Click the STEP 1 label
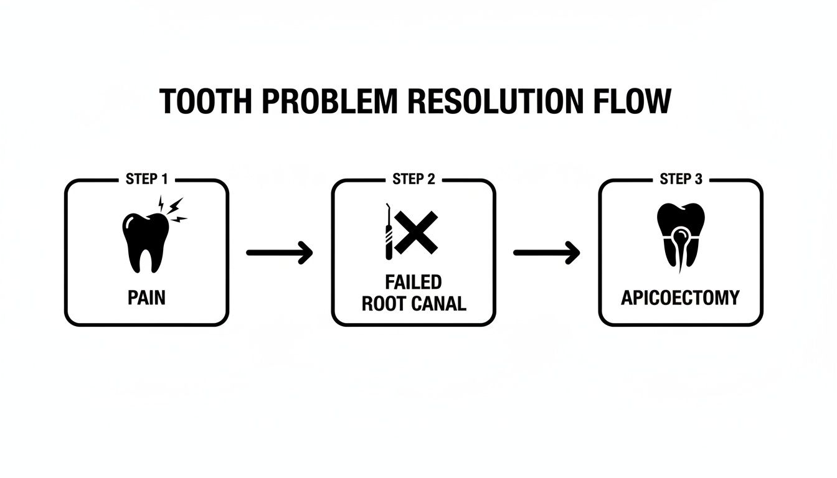pyautogui.click(x=146, y=179)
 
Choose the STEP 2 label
pyautogui.click(x=414, y=179)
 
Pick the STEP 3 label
pyautogui.click(x=681, y=179)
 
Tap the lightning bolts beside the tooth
pyautogui.click(x=173, y=210)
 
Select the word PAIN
pyautogui.click(x=147, y=298)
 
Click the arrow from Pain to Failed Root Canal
pyautogui.click(x=280, y=253)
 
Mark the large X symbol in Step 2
pyautogui.click(x=416, y=232)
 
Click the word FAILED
pyautogui.click(x=414, y=282)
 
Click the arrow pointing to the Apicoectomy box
pyautogui.click(x=546, y=253)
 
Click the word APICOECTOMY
pyautogui.click(x=681, y=298)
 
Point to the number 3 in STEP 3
pyautogui.click(x=698, y=179)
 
